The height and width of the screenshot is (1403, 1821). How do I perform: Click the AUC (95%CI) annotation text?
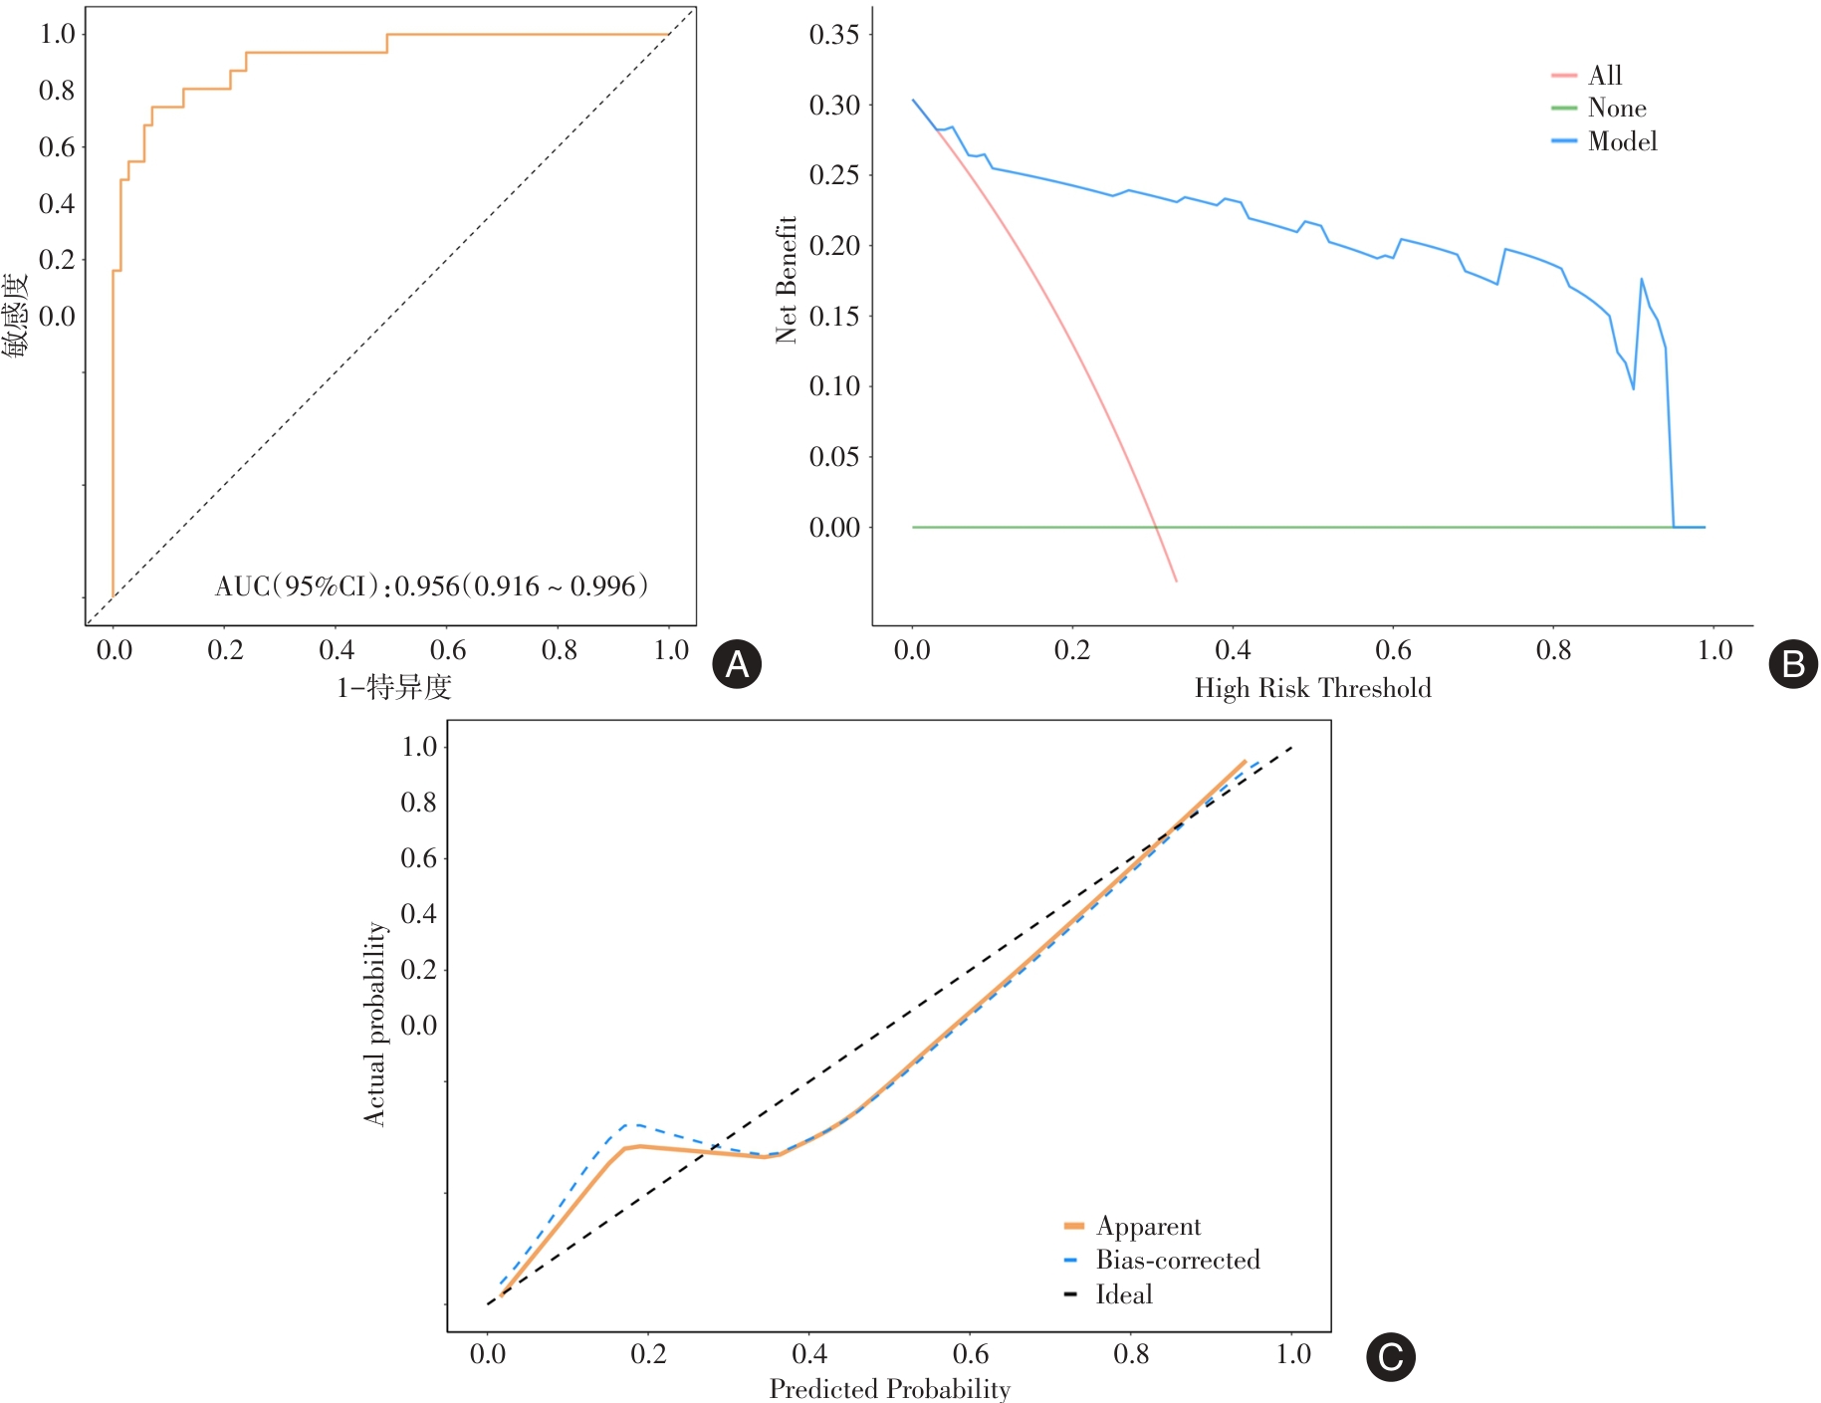click(431, 585)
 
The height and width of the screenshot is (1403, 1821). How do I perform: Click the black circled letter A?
click(737, 664)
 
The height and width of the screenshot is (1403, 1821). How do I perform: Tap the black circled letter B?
click(1792, 664)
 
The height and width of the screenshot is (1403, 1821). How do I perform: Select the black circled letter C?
click(1390, 1357)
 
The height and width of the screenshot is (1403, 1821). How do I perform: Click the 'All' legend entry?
click(1605, 76)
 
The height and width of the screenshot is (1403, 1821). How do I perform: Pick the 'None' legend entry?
click(1616, 109)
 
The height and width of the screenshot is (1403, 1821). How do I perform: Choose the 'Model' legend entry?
click(1622, 141)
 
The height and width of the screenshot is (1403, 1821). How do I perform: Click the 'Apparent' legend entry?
click(1148, 1226)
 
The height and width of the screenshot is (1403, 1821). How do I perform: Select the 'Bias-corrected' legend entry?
click(1177, 1260)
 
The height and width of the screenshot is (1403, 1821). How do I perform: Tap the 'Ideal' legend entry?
click(1124, 1294)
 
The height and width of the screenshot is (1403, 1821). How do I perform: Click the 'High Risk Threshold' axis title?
click(1312, 688)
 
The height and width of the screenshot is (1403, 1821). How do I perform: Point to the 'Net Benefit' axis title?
click(787, 280)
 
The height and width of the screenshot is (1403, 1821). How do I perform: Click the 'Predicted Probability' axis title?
click(889, 1388)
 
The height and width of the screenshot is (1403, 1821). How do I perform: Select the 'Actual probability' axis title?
click(374, 1024)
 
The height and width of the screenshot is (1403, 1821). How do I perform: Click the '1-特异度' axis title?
click(393, 687)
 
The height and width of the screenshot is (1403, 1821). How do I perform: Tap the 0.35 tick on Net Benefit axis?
click(834, 35)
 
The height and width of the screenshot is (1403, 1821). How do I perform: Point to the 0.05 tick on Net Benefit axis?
click(834, 457)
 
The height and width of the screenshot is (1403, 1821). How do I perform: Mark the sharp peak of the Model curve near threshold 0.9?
click(1641, 280)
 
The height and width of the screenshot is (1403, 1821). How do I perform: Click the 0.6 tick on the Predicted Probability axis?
click(971, 1354)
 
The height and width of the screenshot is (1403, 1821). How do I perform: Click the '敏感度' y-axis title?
click(16, 315)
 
